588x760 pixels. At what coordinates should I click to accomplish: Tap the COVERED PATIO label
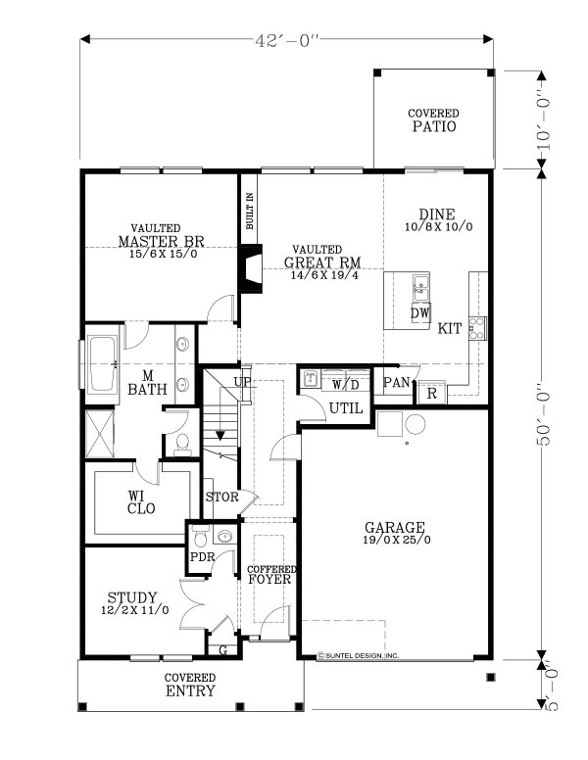pyautogui.click(x=434, y=120)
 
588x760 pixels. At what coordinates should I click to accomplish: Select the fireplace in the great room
pyautogui.click(x=250, y=268)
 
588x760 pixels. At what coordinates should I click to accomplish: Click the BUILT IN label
pyautogui.click(x=249, y=211)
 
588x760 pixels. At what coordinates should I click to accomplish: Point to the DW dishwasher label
pyautogui.click(x=420, y=313)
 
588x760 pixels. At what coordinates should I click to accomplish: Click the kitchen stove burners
pyautogui.click(x=477, y=328)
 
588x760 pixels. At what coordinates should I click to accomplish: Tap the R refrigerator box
pyautogui.click(x=432, y=393)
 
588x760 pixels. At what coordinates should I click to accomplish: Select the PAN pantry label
pyautogui.click(x=396, y=382)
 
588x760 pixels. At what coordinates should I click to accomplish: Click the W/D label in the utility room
pyautogui.click(x=345, y=385)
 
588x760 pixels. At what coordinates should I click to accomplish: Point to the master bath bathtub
pyautogui.click(x=102, y=363)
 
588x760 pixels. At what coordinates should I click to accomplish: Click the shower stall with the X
pyautogui.click(x=100, y=434)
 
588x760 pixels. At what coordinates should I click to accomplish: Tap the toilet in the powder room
pyautogui.click(x=200, y=536)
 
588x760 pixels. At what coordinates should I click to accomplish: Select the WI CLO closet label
pyautogui.click(x=141, y=502)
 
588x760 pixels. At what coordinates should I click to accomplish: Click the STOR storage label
pyautogui.click(x=221, y=497)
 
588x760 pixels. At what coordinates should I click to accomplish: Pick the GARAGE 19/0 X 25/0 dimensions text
pyautogui.click(x=396, y=540)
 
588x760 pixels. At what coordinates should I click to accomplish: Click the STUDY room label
pyautogui.click(x=132, y=597)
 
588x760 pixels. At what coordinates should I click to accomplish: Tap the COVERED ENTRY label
pyautogui.click(x=190, y=685)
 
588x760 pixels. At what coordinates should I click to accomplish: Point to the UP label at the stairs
pyautogui.click(x=243, y=382)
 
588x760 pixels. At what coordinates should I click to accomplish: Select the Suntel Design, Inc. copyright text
pyautogui.click(x=358, y=656)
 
